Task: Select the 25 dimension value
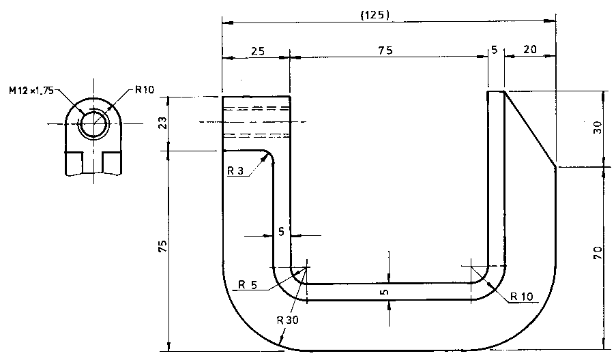point(259,50)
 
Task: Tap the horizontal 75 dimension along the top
point(385,50)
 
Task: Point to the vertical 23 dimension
point(162,123)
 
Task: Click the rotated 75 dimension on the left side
point(162,247)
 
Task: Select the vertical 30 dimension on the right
point(597,127)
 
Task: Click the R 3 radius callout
point(235,170)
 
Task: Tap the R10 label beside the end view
point(145,89)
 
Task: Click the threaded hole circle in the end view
point(93,124)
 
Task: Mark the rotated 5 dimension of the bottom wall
point(385,292)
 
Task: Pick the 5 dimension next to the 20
point(495,50)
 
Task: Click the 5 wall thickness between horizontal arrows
point(281,232)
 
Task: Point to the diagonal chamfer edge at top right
point(529,128)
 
